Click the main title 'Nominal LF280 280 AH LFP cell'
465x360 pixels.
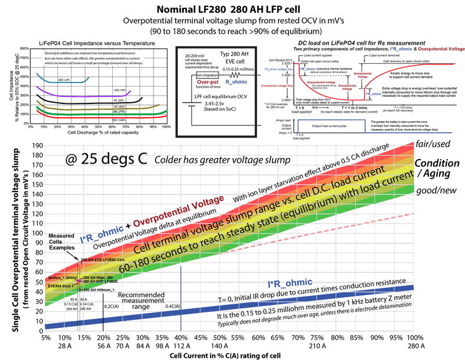[233, 8]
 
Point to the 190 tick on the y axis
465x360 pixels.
[37, 146]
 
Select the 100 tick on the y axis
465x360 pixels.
[37, 234]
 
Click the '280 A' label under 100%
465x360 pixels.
[414, 347]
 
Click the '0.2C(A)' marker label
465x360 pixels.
[112, 305]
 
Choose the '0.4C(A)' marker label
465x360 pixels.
[173, 305]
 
